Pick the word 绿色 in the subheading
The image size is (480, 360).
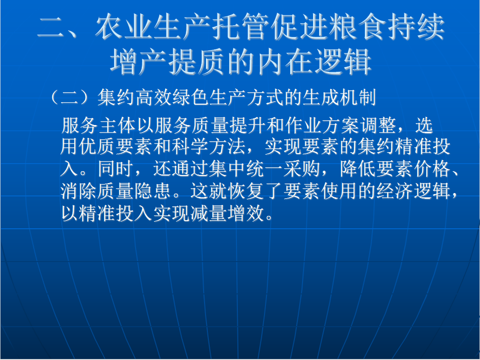coord(191,97)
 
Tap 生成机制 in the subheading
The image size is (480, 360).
coord(339,97)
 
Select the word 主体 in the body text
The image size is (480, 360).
coord(117,125)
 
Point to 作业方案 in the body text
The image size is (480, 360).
coord(322,125)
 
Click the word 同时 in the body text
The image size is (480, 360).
coord(116,169)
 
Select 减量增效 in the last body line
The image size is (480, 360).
coord(227,213)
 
